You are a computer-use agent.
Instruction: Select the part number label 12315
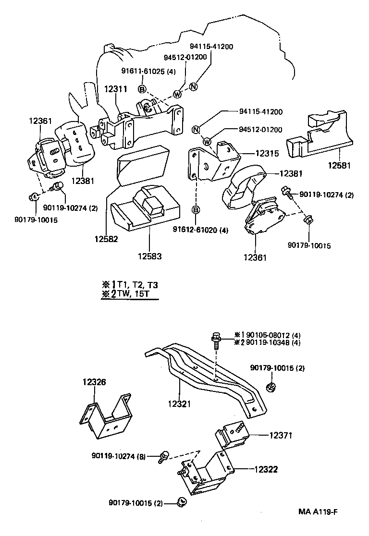267,153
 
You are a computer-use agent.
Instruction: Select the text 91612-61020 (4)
200,230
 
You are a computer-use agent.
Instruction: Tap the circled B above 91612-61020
196,209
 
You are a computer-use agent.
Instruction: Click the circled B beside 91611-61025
142,89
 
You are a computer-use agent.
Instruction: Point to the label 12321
178,404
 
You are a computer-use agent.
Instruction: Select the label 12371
281,435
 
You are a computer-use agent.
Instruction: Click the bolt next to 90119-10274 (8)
164,456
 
